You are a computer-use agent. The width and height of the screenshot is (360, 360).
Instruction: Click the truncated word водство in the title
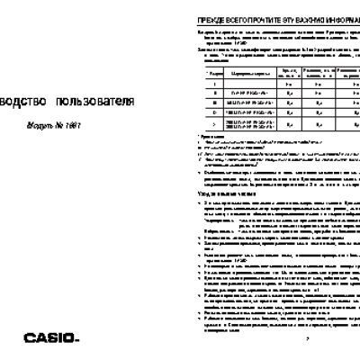tap(22, 102)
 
